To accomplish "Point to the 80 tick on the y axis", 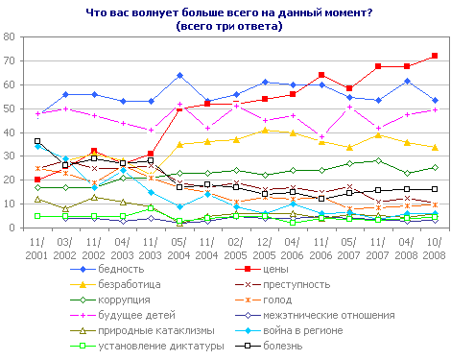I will [x=15, y=36].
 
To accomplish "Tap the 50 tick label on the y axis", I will [x=15, y=108].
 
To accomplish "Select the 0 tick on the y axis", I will [x=18, y=228].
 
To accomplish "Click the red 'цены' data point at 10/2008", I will [x=435, y=56].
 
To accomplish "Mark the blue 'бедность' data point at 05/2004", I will [x=179, y=75].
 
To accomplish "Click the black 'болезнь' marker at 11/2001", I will [x=37, y=141].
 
